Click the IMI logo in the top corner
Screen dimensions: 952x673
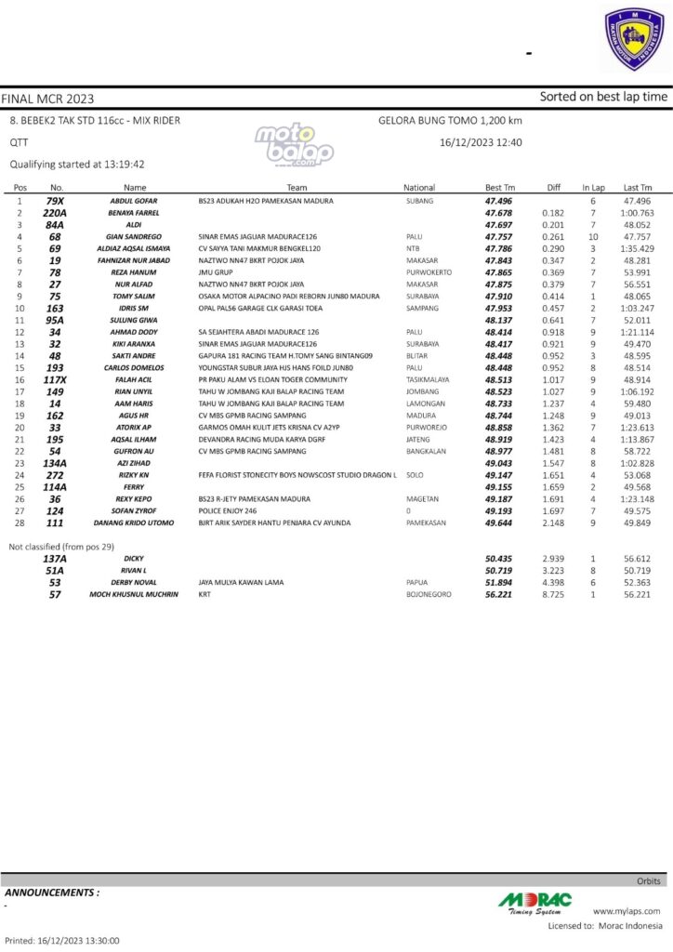pyautogui.click(x=631, y=39)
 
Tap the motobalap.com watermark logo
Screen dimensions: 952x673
pyautogui.click(x=295, y=144)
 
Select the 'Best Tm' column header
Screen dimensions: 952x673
pyautogui.click(x=499, y=187)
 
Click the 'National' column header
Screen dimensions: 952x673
pyautogui.click(x=419, y=187)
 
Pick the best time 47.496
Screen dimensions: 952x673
pyautogui.click(x=499, y=201)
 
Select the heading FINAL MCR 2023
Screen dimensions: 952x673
pyautogui.click(x=47, y=98)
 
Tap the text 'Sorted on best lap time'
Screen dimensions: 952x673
pyautogui.click(x=603, y=97)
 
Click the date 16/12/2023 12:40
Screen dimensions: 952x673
pyautogui.click(x=481, y=143)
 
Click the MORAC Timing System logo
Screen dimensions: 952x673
pyautogui.click(x=535, y=903)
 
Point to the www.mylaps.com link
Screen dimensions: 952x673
pyautogui.click(x=627, y=911)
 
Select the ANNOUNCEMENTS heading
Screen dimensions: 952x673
pyautogui.click(x=52, y=892)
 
